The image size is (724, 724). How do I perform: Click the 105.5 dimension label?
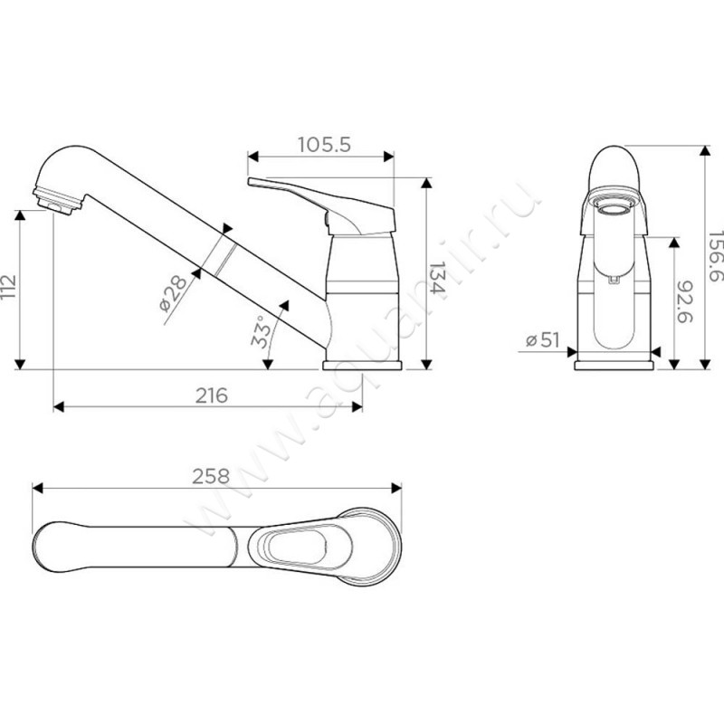pos(324,145)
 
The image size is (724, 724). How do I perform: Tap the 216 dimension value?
pos(212,395)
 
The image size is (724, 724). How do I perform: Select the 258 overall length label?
pos(211,477)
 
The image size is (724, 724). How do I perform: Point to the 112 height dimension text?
pos(8,287)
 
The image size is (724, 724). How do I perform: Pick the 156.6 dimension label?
pos(715,256)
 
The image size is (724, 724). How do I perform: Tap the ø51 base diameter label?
pos(542,340)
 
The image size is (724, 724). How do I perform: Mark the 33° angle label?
pos(260,331)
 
